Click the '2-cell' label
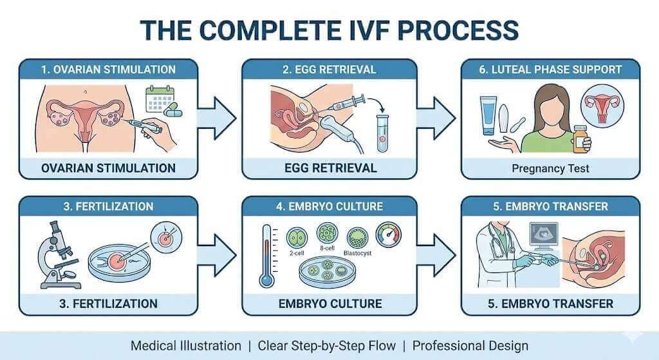click(x=297, y=253)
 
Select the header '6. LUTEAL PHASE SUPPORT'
click(x=550, y=69)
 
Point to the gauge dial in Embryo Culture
click(x=387, y=235)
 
